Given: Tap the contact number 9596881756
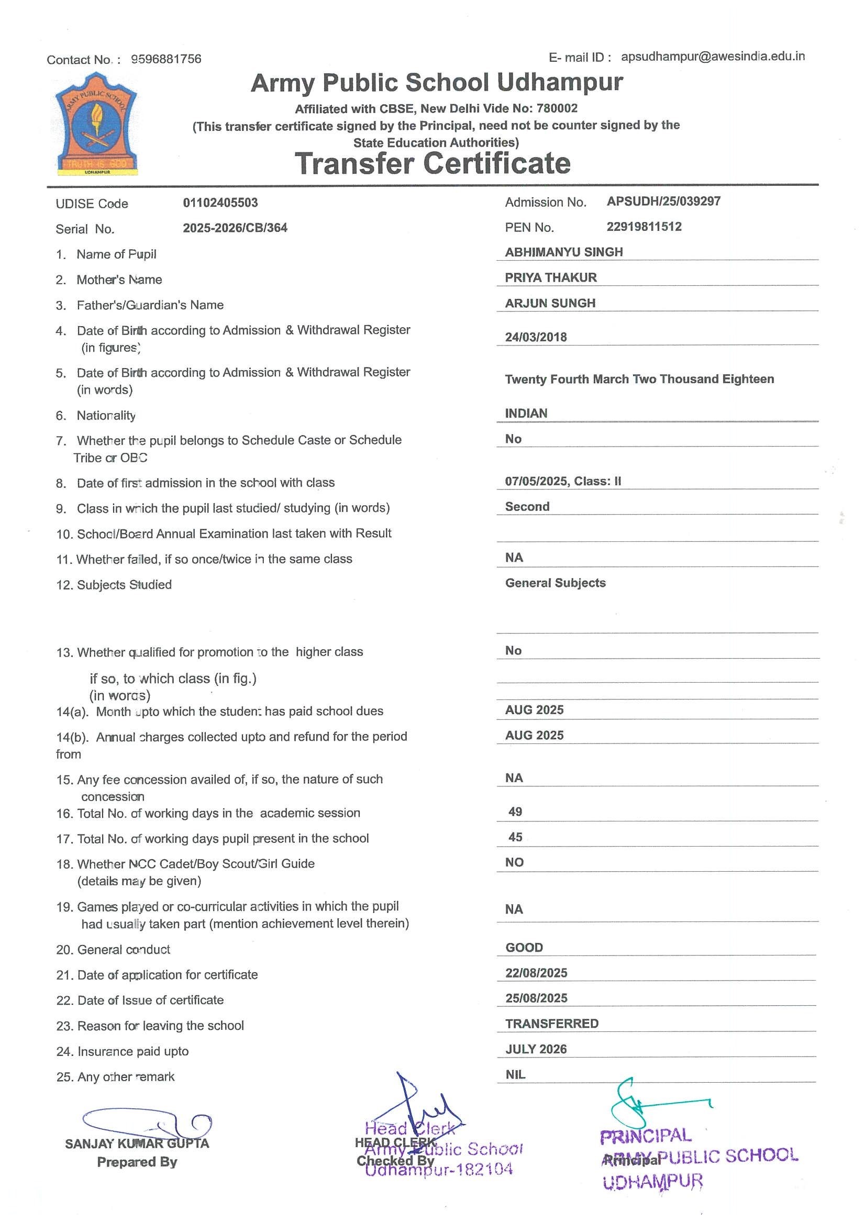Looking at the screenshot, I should point(166,59).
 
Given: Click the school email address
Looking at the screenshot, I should point(713,57).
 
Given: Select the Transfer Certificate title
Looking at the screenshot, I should point(432,163).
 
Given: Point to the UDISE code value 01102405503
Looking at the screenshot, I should point(220,203).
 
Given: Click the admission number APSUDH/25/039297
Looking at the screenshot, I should point(663,202).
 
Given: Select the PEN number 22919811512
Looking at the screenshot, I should point(644,227).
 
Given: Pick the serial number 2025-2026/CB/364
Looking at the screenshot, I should point(235,228).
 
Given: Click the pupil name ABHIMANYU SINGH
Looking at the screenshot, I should point(563,252).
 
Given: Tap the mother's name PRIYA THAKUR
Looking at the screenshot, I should point(551,278).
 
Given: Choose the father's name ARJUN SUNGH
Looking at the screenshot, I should point(550,304).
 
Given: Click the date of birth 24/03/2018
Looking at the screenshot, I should point(536,337).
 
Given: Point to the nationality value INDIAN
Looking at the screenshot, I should point(526,414).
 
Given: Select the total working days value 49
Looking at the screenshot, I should point(515,812).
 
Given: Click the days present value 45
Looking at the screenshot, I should point(515,837).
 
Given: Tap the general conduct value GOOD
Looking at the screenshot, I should point(524,948).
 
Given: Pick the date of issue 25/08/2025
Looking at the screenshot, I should point(536,998).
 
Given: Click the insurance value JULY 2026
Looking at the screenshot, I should point(536,1049).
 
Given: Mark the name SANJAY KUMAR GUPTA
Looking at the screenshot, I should point(137,1143).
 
